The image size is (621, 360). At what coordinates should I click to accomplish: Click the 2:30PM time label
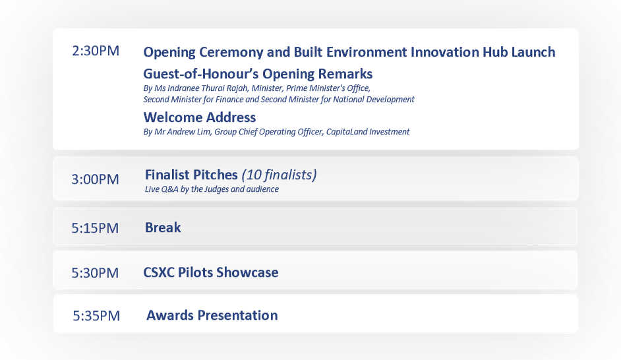(96, 51)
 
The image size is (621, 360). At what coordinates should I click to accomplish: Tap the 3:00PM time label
(96, 179)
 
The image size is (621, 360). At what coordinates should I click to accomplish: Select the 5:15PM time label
(96, 228)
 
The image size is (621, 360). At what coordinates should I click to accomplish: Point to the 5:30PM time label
(96, 273)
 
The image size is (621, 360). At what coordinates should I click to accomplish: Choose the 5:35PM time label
(96, 316)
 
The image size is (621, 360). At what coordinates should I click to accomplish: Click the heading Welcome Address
(199, 118)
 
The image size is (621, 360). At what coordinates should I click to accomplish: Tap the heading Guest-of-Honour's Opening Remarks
(258, 74)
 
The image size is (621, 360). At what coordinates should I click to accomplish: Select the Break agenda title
(163, 227)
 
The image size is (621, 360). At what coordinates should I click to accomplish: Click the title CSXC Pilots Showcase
(211, 272)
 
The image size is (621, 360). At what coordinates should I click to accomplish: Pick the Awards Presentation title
(212, 315)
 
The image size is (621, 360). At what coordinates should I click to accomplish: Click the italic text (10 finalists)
(279, 175)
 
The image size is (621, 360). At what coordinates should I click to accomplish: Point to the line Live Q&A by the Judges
(211, 189)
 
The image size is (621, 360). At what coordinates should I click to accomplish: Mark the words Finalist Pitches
(191, 175)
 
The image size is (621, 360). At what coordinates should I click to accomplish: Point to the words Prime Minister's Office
(328, 88)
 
